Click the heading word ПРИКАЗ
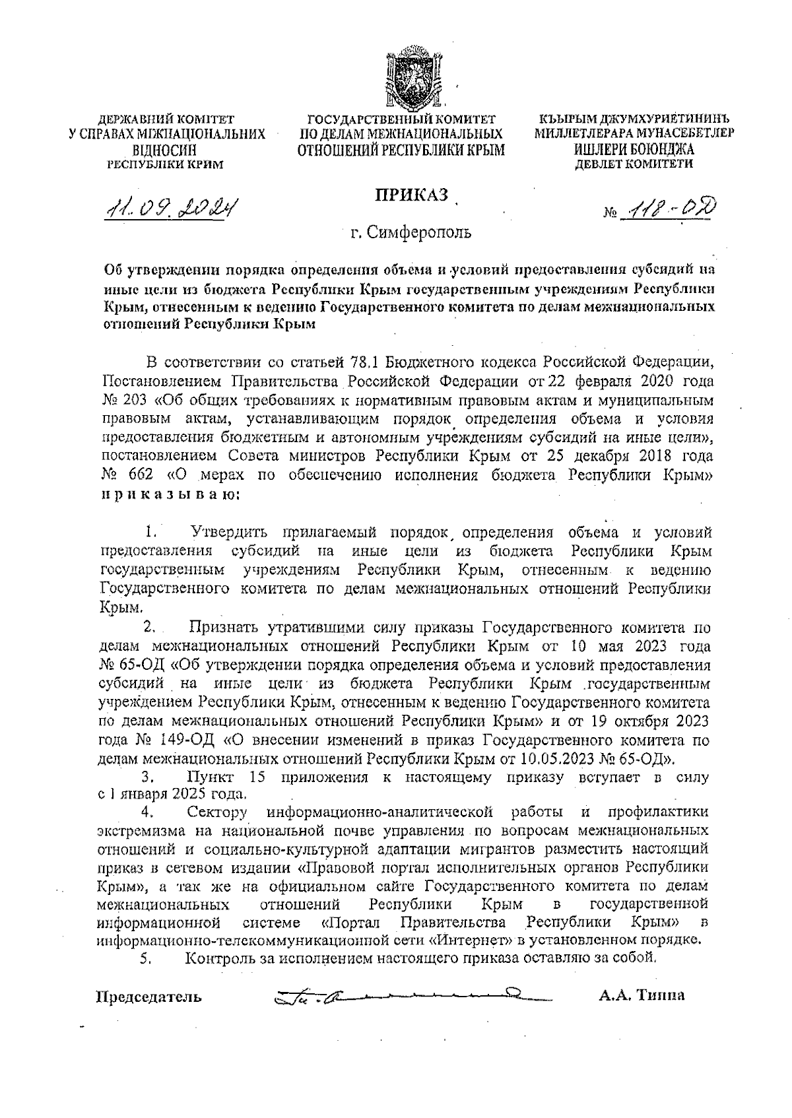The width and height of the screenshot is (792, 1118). click(x=412, y=195)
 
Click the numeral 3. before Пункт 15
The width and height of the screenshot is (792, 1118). click(x=147, y=777)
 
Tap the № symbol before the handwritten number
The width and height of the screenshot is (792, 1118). click(x=611, y=214)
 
